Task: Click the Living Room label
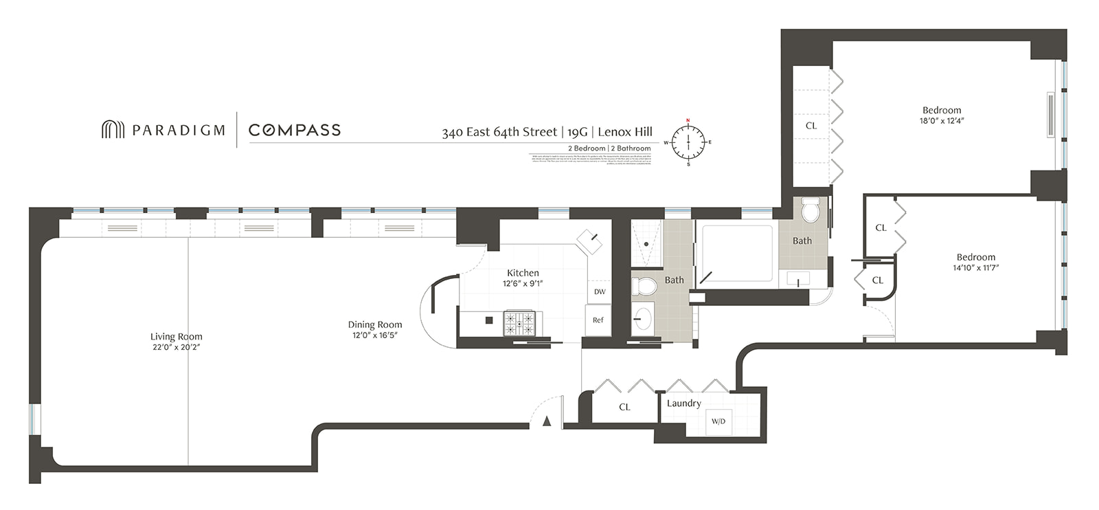coord(176,337)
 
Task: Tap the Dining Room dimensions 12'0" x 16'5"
coord(375,335)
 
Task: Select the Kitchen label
coord(523,273)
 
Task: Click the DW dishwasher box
coord(600,291)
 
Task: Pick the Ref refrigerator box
coord(598,320)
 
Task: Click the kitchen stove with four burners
coord(519,323)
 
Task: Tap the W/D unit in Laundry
coord(718,421)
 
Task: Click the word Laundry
coord(683,403)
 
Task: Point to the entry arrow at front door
coord(547,421)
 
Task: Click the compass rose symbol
coord(688,142)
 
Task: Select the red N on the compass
coord(688,120)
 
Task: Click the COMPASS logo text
coord(295,130)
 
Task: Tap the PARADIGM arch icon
coord(113,129)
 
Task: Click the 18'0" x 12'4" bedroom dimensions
coord(942,121)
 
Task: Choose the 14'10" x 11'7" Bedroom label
coord(975,257)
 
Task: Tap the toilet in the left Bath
coord(643,287)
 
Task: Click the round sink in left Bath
coord(643,319)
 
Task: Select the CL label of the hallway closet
coord(624,407)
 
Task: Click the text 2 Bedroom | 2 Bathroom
coord(609,148)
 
